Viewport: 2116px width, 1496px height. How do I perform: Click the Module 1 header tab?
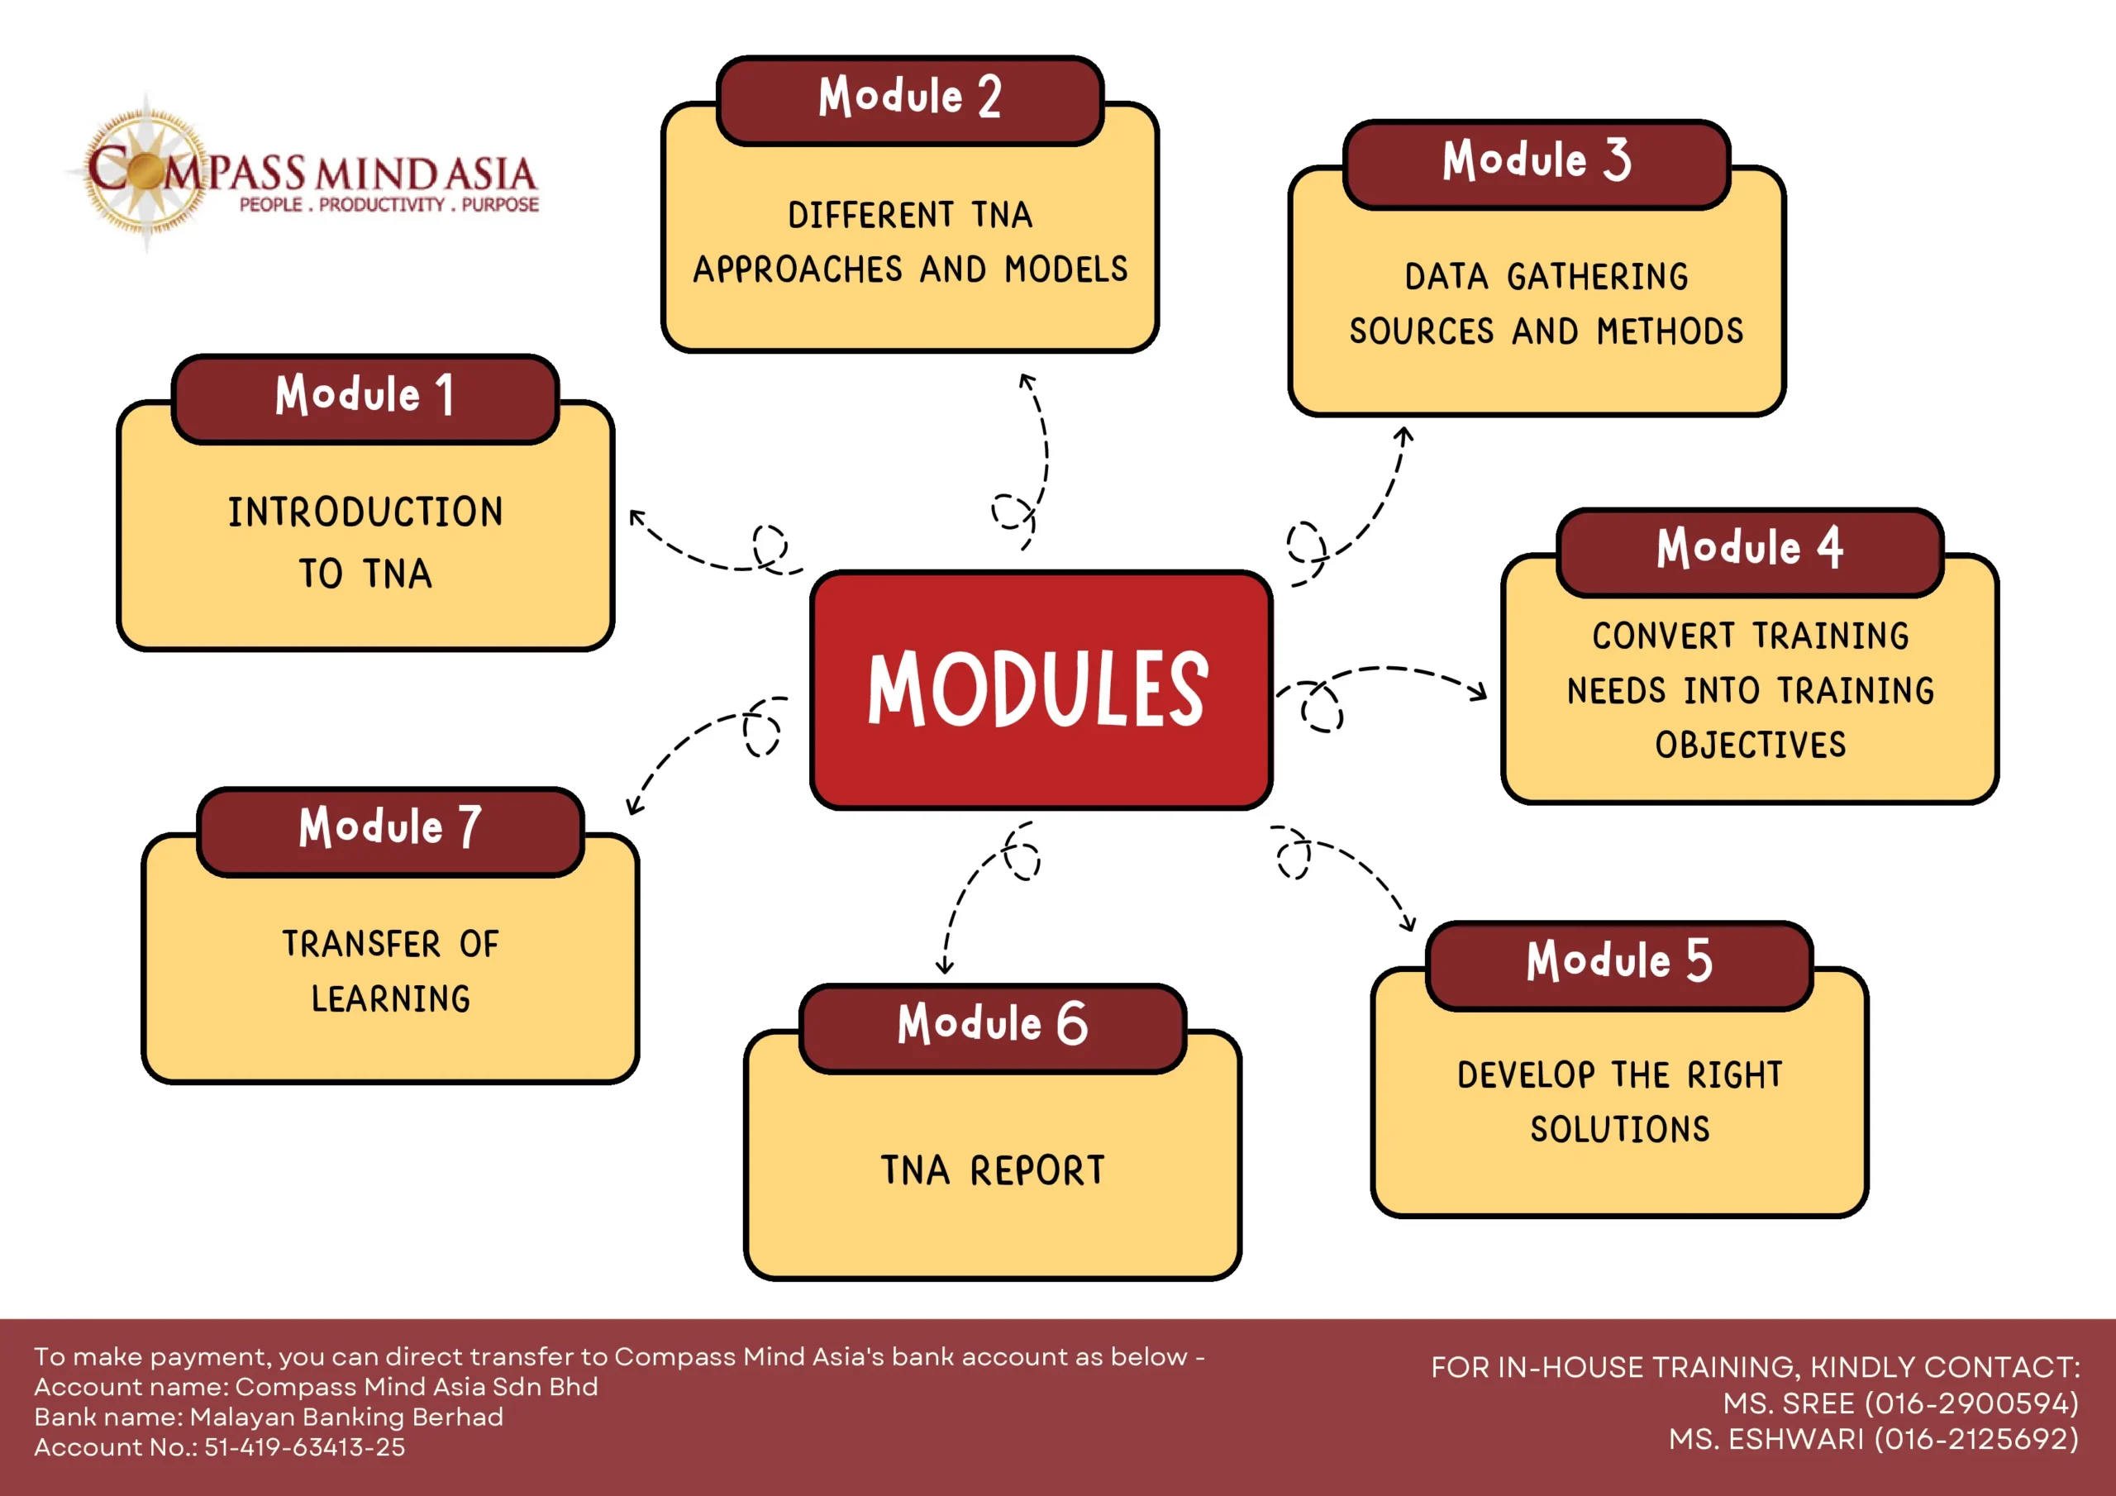tap(365, 398)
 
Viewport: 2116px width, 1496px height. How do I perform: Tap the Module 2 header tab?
tap(909, 99)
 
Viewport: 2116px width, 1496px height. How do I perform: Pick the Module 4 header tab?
tap(1750, 551)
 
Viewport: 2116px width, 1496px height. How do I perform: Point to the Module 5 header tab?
tap(1619, 965)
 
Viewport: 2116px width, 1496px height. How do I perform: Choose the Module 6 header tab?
tap(993, 1027)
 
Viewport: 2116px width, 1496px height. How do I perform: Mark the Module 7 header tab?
tap(390, 831)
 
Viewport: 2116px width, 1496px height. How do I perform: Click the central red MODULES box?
tap(1041, 689)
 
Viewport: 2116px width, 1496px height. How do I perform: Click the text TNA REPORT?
tap(993, 1170)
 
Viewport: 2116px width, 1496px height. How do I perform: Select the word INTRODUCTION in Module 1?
tap(366, 512)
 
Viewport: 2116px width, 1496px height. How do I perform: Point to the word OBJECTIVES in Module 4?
tap(1750, 745)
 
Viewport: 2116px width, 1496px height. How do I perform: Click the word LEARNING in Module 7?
tap(391, 998)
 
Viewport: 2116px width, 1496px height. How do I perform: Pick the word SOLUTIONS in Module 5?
tap(1620, 1129)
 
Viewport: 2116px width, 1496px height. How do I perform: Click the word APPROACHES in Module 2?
tap(798, 269)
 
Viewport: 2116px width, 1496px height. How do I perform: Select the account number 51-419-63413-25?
tap(304, 1447)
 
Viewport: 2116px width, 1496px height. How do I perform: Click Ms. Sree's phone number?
tap(1971, 1403)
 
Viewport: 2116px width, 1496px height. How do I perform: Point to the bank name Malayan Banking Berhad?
tap(346, 1417)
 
